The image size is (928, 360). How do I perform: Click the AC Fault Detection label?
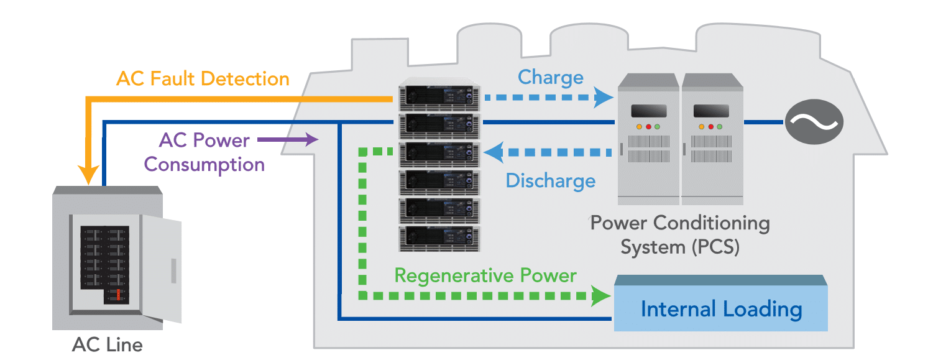click(x=203, y=79)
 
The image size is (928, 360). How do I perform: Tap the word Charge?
click(x=551, y=77)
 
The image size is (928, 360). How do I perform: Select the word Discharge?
click(x=550, y=181)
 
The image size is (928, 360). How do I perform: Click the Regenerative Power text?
click(x=485, y=275)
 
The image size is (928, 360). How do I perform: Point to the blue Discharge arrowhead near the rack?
click(x=495, y=150)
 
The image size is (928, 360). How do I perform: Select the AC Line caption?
click(x=107, y=344)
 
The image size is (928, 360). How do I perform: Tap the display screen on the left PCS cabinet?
click(x=648, y=111)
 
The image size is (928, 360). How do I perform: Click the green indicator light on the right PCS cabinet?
click(x=719, y=127)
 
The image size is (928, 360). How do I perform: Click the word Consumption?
click(x=204, y=165)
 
